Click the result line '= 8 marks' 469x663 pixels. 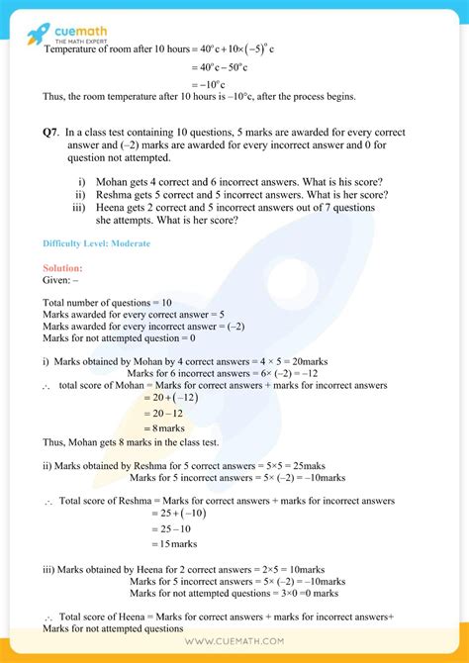coord(175,427)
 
